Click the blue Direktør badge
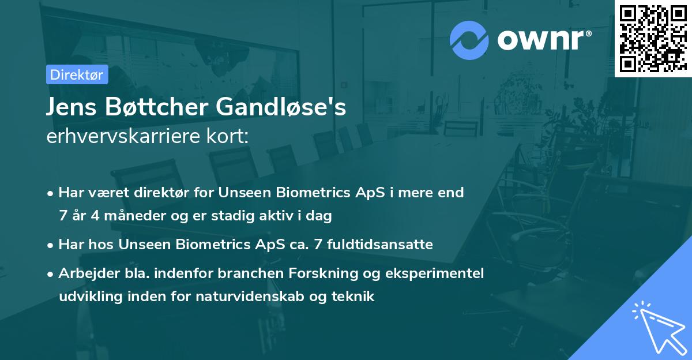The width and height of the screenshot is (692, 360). click(x=77, y=74)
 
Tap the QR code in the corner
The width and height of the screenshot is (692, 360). click(x=653, y=38)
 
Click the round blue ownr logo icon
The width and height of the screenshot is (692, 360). click(x=469, y=40)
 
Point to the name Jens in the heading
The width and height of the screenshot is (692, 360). click(x=71, y=107)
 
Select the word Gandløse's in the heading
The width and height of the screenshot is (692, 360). click(x=281, y=106)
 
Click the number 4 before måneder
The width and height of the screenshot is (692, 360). click(x=95, y=215)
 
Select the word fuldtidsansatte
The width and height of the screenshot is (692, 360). click(x=379, y=244)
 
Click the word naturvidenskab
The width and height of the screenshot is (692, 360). click(x=250, y=296)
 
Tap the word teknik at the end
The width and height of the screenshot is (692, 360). click(x=353, y=296)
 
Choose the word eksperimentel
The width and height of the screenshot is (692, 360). click(x=434, y=273)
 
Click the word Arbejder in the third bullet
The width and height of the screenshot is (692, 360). click(x=89, y=273)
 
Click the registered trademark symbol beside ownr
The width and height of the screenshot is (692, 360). click(x=588, y=33)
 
